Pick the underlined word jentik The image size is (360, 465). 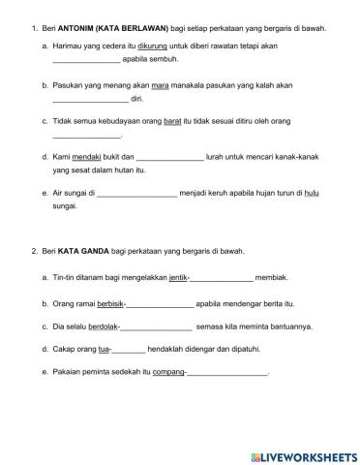(177, 276)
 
